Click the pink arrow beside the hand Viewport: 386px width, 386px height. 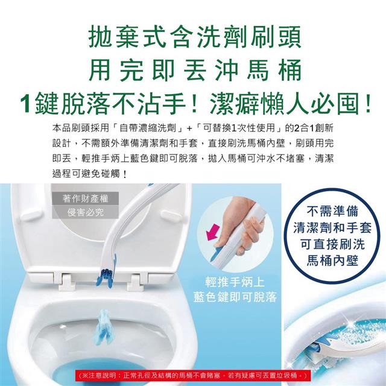213,232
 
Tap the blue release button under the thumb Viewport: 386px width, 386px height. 216,253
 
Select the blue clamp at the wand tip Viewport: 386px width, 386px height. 106,277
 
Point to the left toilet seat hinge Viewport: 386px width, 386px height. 66,282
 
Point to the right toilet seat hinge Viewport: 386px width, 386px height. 135,282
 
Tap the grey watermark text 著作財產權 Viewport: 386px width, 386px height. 86,198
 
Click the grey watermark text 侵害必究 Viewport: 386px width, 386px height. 86,212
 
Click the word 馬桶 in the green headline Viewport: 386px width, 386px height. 274,70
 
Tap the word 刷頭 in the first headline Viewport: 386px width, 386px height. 276,37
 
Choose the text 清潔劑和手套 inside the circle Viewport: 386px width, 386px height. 332,228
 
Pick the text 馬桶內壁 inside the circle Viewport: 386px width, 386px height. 332,261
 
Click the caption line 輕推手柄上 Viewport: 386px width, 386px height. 235,282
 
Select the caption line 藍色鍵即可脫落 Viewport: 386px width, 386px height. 235,297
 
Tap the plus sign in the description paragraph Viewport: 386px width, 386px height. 189,128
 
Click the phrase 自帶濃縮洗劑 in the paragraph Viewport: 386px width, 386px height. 148,128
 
